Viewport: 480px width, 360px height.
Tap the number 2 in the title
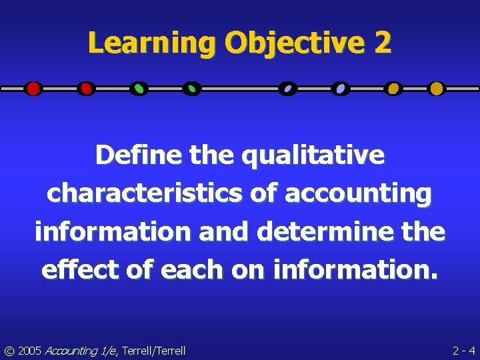[x=383, y=44]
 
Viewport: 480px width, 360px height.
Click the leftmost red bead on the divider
[x=33, y=88]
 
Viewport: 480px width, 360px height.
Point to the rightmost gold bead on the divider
[x=436, y=88]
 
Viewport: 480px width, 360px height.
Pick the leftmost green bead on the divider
[x=139, y=88]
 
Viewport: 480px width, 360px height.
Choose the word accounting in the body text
[x=358, y=193]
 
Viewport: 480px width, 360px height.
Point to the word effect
[x=75, y=270]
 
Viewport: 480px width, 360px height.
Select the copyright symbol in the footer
[x=9, y=350]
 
